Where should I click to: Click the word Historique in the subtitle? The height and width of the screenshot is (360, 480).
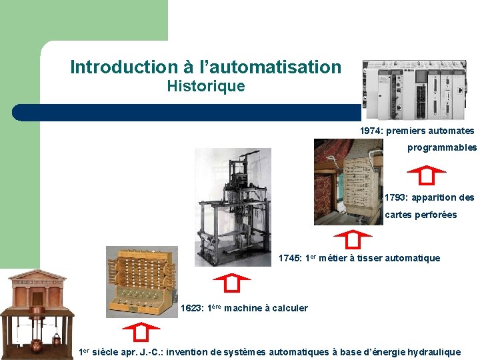(205, 86)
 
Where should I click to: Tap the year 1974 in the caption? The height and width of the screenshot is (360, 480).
(371, 131)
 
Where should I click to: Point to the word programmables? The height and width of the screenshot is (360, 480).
(442, 147)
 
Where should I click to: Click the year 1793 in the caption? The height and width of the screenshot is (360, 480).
(397, 197)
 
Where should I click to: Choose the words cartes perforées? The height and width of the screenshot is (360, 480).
(421, 215)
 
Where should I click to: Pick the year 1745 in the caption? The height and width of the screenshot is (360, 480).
(289, 258)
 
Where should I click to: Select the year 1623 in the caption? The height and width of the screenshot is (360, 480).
(192, 308)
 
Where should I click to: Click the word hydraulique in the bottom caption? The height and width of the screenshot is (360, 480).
(433, 352)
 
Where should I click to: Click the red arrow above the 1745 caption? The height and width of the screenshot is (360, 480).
(351, 239)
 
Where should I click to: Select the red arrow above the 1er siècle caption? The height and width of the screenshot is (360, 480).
(141, 331)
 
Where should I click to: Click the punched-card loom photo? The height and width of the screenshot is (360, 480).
(348, 181)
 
